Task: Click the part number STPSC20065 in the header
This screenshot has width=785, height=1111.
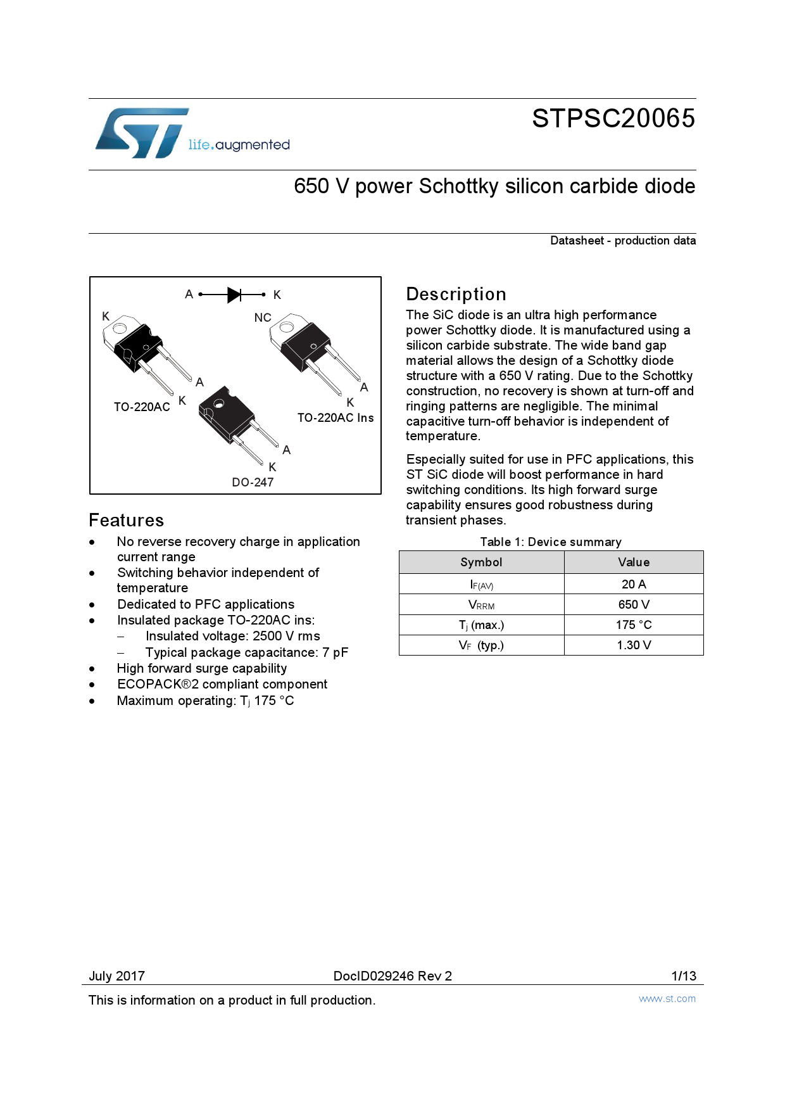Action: click(613, 118)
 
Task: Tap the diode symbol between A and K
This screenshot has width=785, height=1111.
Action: click(234, 295)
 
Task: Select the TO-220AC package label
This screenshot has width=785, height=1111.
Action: click(142, 407)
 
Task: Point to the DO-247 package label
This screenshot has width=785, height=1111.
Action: click(253, 482)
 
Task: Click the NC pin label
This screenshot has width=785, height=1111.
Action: click(263, 317)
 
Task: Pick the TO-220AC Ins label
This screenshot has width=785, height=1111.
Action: click(336, 417)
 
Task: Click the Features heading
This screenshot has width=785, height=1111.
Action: click(127, 520)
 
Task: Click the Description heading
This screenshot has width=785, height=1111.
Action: click(456, 294)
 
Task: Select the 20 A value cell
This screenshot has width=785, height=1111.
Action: click(634, 584)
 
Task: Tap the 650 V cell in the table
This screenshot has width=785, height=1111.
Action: click(634, 604)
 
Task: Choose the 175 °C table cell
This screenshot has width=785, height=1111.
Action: click(634, 625)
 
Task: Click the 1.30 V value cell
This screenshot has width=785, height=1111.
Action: click(634, 645)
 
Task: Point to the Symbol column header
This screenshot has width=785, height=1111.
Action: click(481, 562)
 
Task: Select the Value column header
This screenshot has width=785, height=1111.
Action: click(634, 562)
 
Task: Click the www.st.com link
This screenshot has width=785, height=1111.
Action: click(667, 999)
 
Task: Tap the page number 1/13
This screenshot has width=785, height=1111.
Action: click(684, 975)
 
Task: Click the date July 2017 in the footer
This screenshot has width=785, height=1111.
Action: click(117, 975)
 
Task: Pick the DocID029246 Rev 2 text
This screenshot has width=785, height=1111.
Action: click(392, 975)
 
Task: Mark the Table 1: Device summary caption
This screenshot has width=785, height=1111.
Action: click(551, 542)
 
